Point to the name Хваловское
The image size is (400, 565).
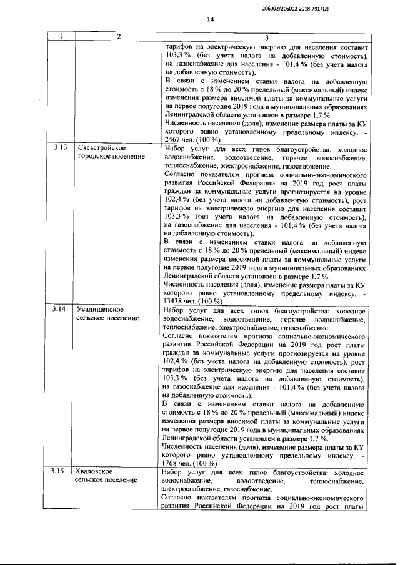click(94, 472)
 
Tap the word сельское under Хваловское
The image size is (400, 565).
click(90, 481)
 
